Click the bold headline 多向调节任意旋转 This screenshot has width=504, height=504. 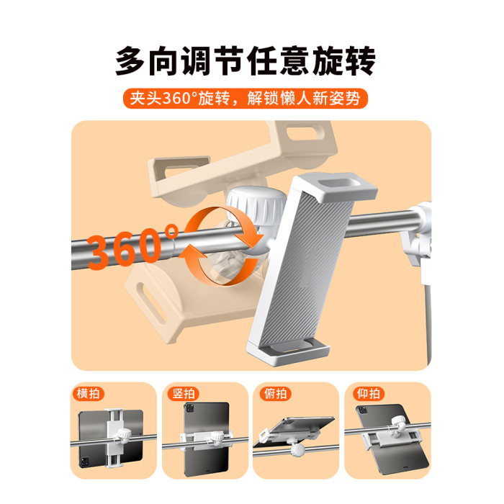(246, 60)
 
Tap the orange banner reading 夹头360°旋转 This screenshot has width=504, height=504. (246, 99)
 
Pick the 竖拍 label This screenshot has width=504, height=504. (184, 393)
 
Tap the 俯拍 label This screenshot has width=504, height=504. (275, 393)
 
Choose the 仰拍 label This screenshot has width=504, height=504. (369, 393)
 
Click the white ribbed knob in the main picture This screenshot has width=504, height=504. (256, 206)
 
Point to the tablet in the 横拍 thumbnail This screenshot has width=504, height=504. (111, 438)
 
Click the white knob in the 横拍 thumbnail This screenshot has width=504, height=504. (123, 435)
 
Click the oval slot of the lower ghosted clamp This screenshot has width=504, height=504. (151, 303)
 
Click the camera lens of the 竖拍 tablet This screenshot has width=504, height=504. (189, 408)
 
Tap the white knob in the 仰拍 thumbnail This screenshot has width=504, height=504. (399, 423)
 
